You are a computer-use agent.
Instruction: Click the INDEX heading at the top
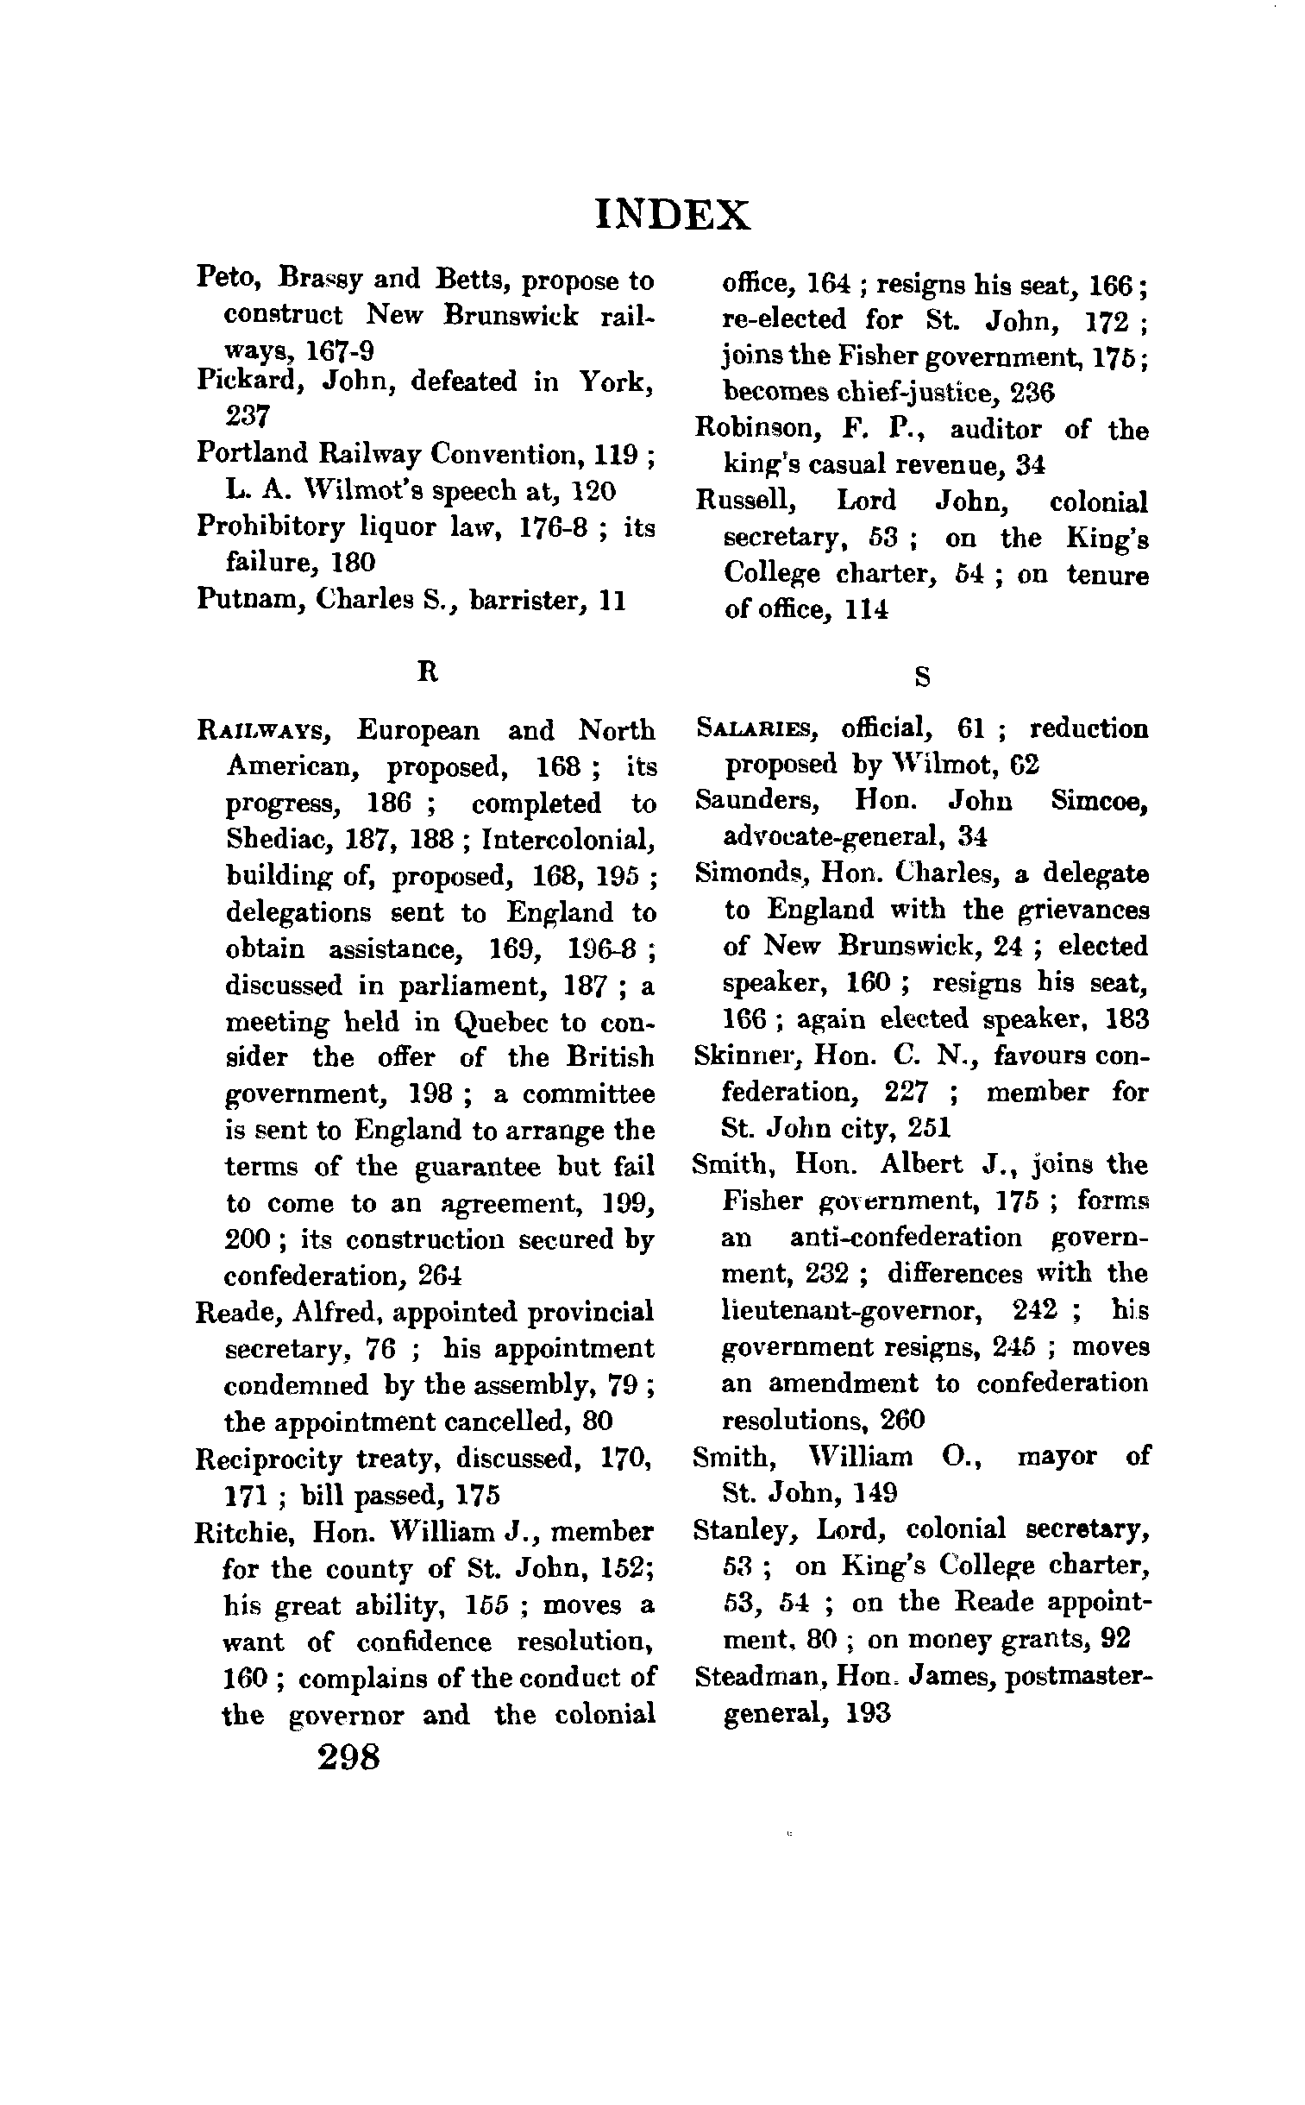[673, 215]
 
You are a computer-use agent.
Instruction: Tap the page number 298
[348, 1756]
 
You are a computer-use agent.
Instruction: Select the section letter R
[427, 671]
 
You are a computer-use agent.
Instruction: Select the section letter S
[922, 678]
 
